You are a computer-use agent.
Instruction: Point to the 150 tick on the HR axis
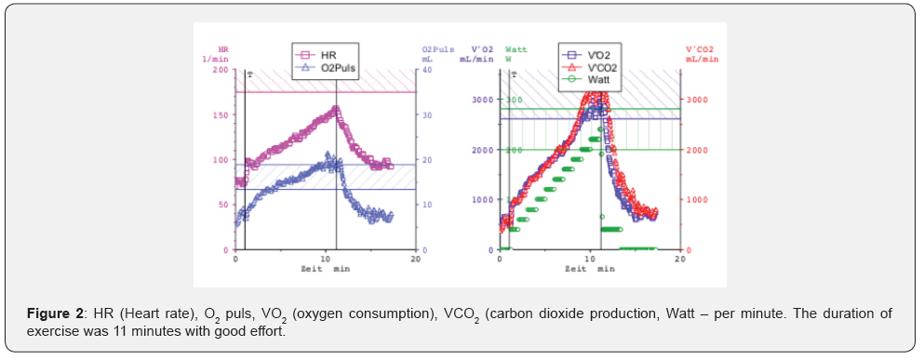pyautogui.click(x=220, y=115)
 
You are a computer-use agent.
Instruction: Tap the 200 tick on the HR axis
pyautogui.click(x=220, y=70)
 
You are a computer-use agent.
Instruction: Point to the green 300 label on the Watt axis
pyautogui.click(x=514, y=100)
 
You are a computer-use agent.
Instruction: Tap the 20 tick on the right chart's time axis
pyautogui.click(x=679, y=259)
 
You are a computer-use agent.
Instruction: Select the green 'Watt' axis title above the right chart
pyautogui.click(x=516, y=48)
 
